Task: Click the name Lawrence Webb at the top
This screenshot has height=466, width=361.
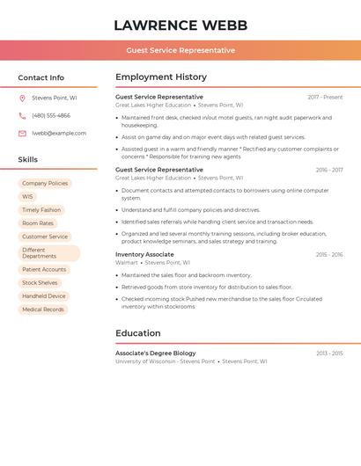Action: point(180,25)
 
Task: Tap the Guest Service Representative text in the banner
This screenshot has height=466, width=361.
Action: point(180,50)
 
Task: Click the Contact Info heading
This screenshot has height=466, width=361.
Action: point(41,77)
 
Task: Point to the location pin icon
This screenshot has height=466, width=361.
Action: point(22,98)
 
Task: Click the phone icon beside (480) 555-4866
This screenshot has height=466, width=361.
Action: point(22,116)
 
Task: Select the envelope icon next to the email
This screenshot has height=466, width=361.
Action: point(22,134)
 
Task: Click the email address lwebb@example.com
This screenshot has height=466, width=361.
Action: point(59,134)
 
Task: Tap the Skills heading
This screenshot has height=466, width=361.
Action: point(28,160)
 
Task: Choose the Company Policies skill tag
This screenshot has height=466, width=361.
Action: point(45,184)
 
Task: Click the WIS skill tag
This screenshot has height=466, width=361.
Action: point(27,197)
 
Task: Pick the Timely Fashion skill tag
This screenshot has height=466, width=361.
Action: point(41,210)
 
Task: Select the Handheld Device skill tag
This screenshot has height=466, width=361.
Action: point(44,296)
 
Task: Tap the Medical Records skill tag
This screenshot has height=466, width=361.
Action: point(43,309)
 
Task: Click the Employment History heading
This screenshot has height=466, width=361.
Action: point(161,77)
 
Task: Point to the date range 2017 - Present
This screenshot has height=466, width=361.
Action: point(325,98)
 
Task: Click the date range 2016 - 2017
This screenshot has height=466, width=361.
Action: point(329,170)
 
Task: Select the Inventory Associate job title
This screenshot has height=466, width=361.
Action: point(144,254)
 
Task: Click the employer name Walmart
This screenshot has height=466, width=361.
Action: point(127,262)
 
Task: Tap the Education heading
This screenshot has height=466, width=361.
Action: point(138,333)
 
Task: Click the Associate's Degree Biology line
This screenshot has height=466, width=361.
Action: point(156,353)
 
